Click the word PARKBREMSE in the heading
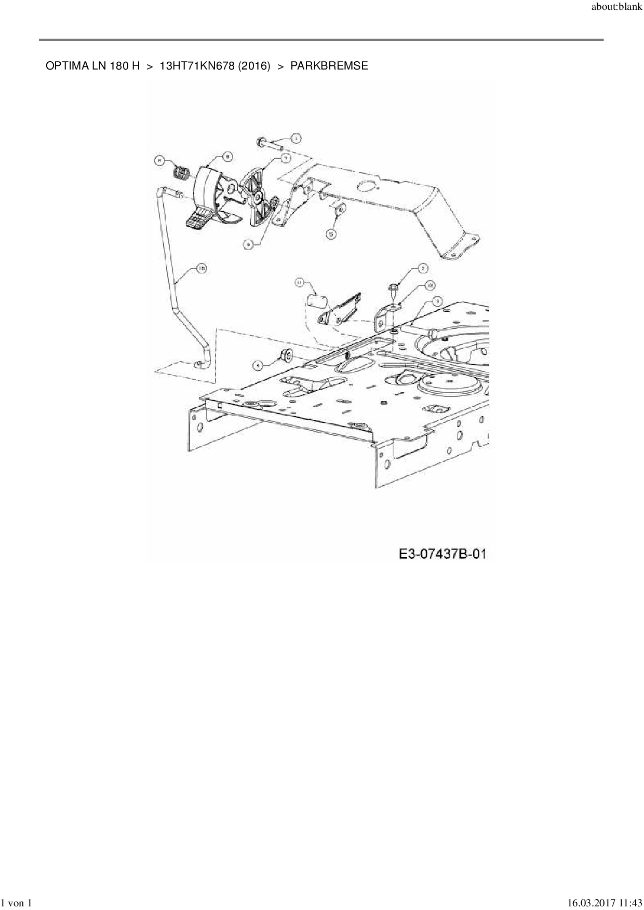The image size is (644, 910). (329, 66)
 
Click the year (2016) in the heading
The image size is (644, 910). (254, 66)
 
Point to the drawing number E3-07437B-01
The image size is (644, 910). (442, 554)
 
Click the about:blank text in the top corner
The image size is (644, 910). (616, 7)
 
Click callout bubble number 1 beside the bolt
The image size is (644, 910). (296, 139)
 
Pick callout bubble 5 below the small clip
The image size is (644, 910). (331, 234)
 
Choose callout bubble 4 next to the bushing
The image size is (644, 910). (257, 365)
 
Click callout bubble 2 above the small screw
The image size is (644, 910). (423, 268)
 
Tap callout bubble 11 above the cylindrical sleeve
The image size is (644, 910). (300, 282)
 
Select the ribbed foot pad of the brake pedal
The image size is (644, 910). (198, 219)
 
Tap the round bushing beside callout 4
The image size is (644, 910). (286, 357)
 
